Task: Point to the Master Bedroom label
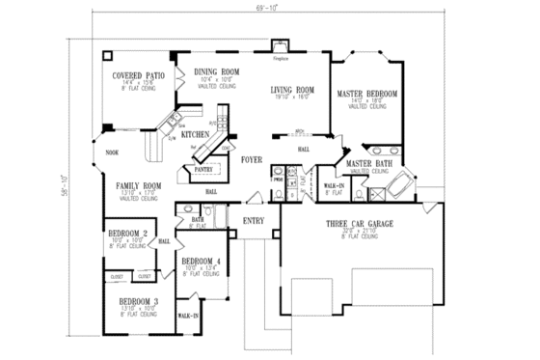point(367,94)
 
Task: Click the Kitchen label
point(195,135)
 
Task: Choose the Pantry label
point(203,169)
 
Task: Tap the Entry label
point(253,219)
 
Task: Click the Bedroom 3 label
point(139,302)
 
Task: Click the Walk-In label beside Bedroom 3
point(189,316)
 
